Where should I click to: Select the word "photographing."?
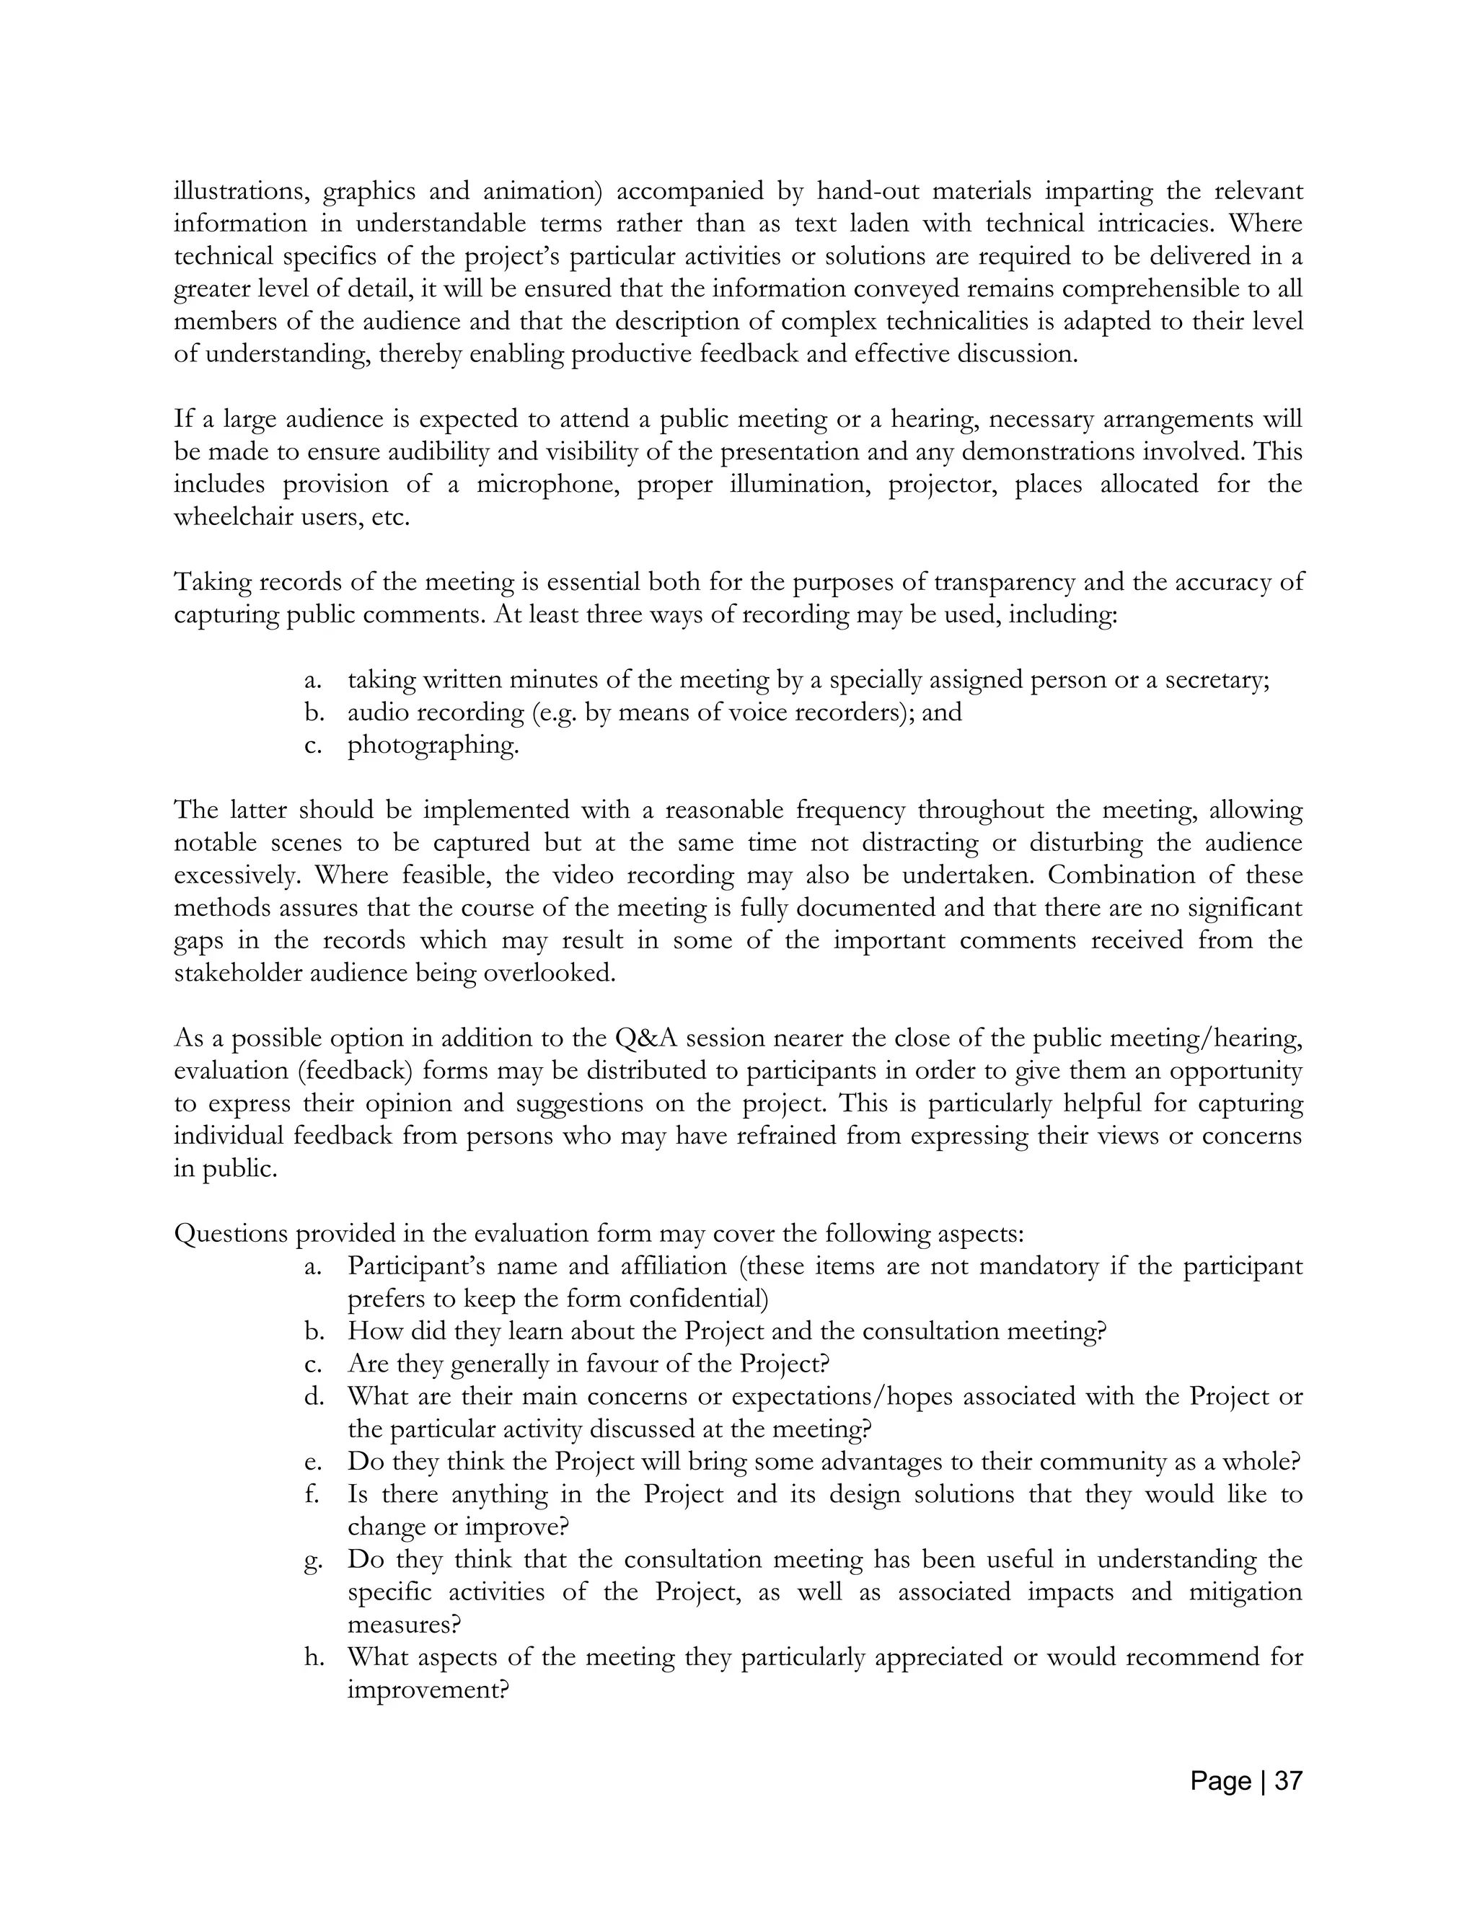pos(433,745)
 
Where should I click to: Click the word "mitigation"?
pos(1245,1592)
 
